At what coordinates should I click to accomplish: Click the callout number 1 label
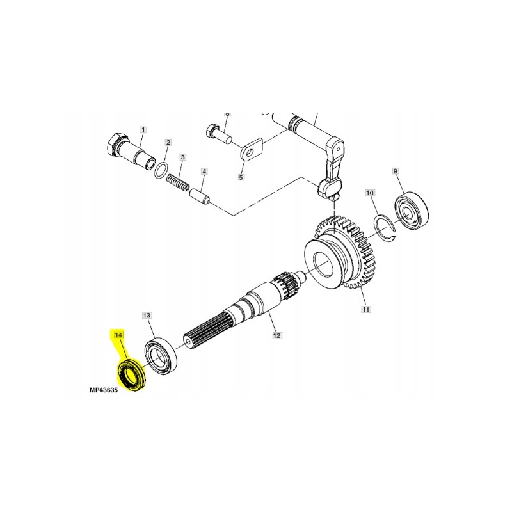click(143, 129)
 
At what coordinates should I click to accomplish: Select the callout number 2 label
click(168, 143)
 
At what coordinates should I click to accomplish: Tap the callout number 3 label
click(183, 157)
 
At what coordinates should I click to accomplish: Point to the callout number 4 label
click(204, 172)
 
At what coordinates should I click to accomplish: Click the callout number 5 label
click(242, 177)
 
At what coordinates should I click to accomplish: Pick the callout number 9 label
click(395, 171)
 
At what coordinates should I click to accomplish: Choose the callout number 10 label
click(369, 193)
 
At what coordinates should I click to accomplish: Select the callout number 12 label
click(276, 335)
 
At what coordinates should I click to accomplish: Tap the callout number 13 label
click(147, 316)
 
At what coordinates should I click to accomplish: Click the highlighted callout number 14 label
click(118, 335)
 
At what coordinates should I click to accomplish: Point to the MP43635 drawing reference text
click(104, 389)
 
